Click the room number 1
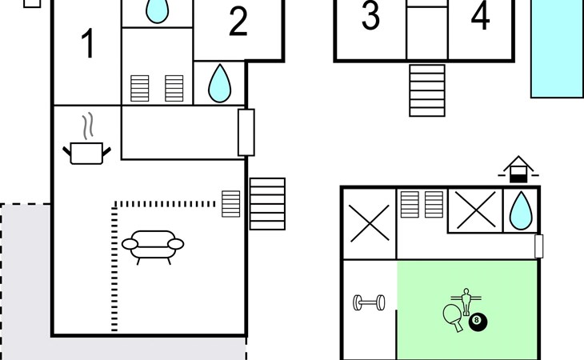[x=88, y=43]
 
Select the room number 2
[x=238, y=22]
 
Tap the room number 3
[x=370, y=15]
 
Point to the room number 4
[x=481, y=16]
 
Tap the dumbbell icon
[x=369, y=302]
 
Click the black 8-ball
[x=478, y=322]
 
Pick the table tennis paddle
[x=454, y=317]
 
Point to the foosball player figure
[x=466, y=301]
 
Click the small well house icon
[x=518, y=170]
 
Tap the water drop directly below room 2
[x=219, y=83]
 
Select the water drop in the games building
[x=521, y=210]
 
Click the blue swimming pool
[x=557, y=48]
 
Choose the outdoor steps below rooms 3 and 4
[x=427, y=90]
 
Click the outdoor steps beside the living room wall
[x=267, y=204]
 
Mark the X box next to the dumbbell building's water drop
[x=476, y=210]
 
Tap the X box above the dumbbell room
[x=370, y=223]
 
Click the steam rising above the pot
[x=88, y=126]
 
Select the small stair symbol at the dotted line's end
[x=231, y=204]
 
